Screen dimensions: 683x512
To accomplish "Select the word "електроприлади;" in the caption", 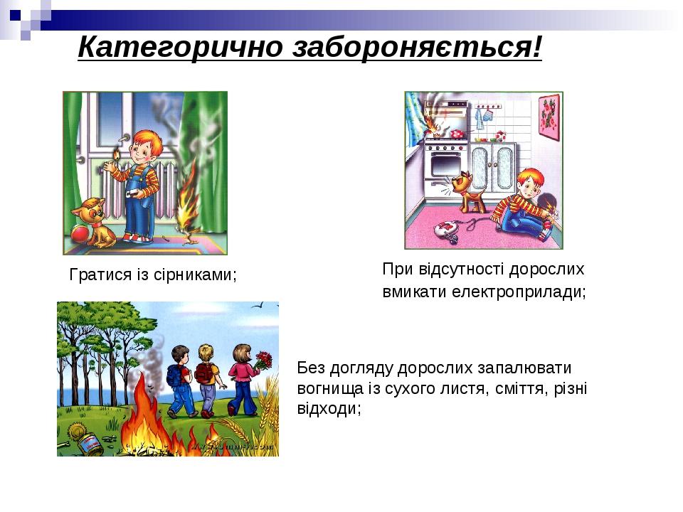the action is [519, 292].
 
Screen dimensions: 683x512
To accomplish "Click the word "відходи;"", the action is [329, 408].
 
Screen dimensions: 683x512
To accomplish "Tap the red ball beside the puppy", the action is [80, 233].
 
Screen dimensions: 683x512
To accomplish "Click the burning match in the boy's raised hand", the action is [117, 156].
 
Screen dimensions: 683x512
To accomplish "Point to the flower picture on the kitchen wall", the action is [549, 117].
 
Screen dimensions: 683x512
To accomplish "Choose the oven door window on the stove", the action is [445, 164].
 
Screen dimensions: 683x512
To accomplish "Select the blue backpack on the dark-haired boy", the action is [174, 375].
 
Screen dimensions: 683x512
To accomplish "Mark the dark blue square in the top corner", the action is [16, 16].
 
